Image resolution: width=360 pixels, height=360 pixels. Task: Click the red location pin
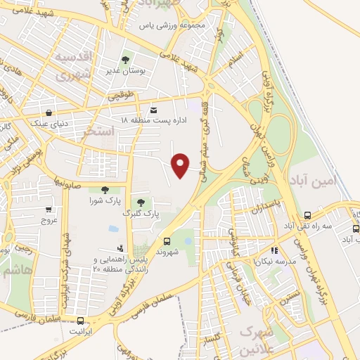pos(181,165)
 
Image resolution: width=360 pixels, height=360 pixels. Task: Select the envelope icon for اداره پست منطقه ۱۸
pos(154,110)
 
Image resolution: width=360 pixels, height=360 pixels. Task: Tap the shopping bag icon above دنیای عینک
pos(49,112)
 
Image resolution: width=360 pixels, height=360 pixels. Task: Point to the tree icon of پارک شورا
pos(105,189)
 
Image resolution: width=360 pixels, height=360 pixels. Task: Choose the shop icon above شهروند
pos(167,240)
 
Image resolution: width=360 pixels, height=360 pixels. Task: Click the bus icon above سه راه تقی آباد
pos(307,215)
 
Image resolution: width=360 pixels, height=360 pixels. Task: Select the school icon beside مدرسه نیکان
pos(274,250)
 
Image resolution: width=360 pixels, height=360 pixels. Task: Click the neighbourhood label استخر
pos(98,131)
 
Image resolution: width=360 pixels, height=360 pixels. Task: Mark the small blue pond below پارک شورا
pos(113,229)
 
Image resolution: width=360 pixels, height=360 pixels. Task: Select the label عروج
pos(49,220)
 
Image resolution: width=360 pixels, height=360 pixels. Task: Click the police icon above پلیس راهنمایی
pos(121,248)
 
